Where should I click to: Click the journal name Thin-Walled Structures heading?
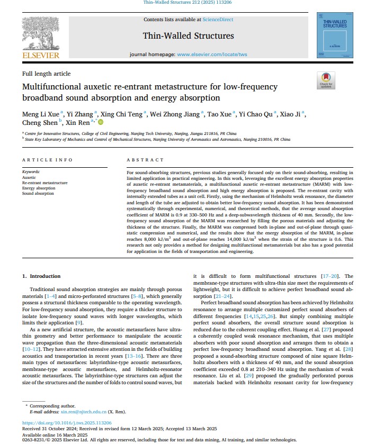click(188, 36)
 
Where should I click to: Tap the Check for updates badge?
click(325, 80)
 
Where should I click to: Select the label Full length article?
click(46, 74)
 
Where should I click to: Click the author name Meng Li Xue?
click(40, 114)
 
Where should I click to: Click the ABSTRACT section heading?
click(145, 160)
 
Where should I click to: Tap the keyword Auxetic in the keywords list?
click(29, 178)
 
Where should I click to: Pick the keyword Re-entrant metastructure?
click(45, 183)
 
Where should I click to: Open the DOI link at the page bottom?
click(67, 423)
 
